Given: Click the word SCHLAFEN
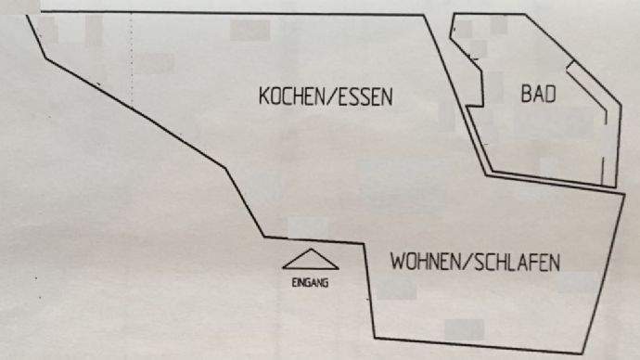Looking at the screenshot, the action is click(519, 263).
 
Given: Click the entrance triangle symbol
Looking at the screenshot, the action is click(309, 259).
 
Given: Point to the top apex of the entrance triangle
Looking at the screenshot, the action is click(309, 248).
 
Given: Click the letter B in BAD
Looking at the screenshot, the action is click(525, 95).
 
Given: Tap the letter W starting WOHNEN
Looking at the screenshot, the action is click(397, 263).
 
